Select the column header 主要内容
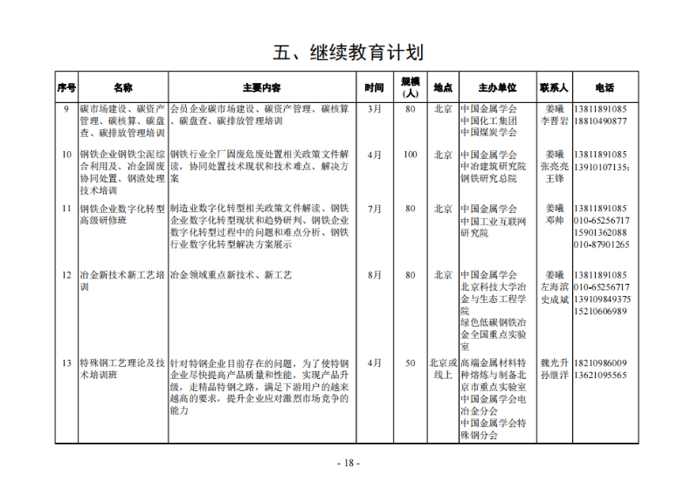coord(261,88)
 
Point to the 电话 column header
coord(604,88)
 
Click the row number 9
coord(66,108)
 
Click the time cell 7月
coord(375,209)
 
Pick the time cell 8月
coord(375,274)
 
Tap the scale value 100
coord(410,155)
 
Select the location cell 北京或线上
coord(443,369)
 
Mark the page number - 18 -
coord(349,463)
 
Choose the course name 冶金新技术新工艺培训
coord(121,280)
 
